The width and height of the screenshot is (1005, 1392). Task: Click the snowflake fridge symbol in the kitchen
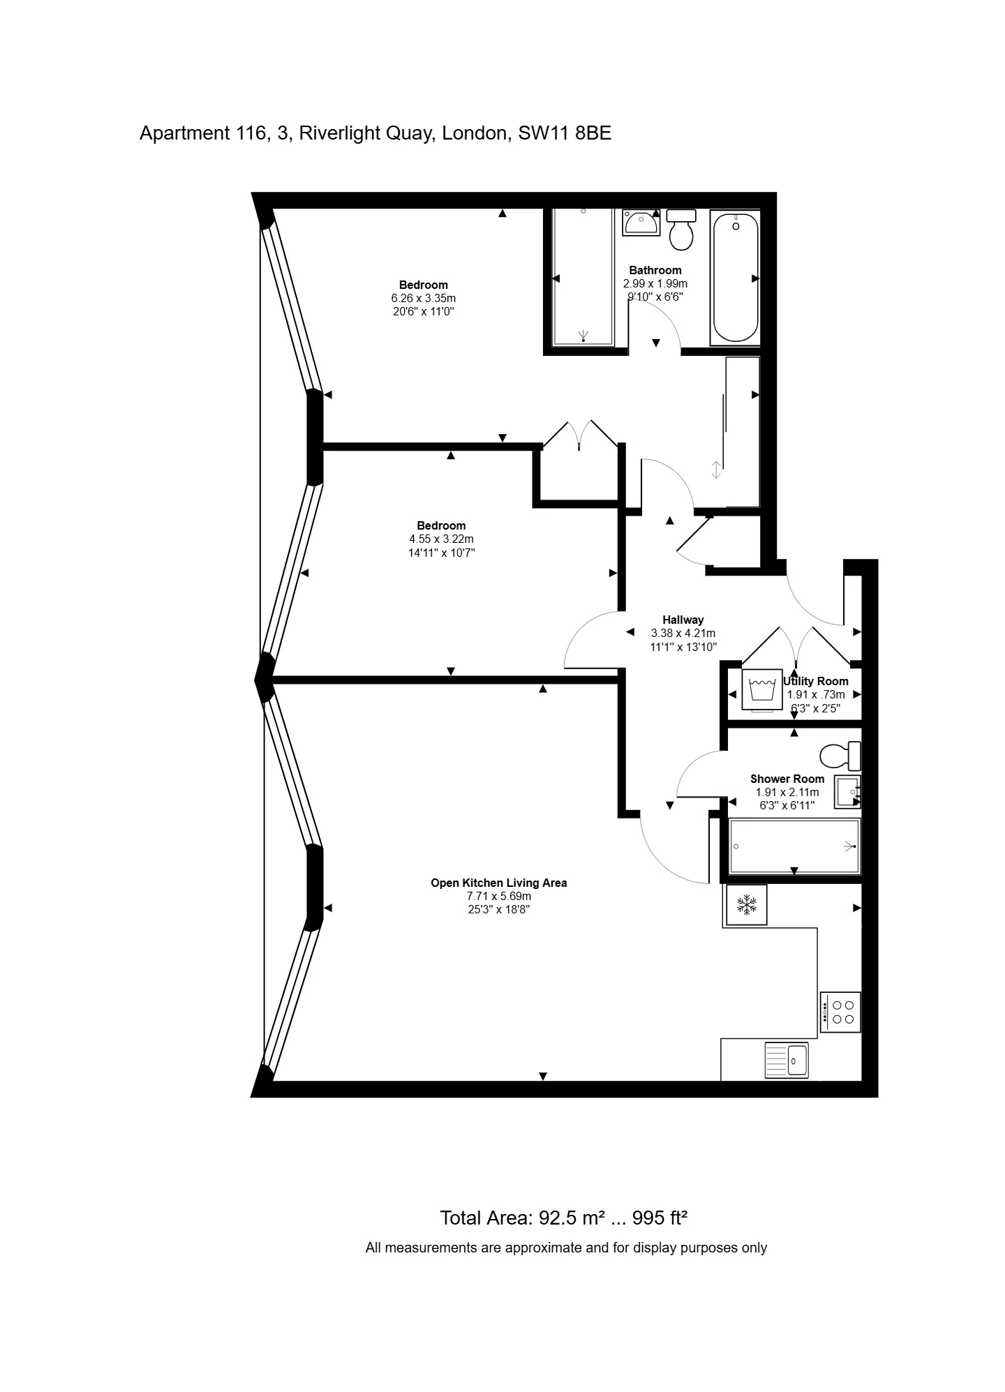746,905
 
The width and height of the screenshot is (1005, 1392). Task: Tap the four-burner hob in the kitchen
840,1012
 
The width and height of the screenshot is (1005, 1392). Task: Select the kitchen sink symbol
787,1060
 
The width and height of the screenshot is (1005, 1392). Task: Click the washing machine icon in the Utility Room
761,689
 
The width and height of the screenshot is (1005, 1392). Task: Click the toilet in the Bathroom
681,229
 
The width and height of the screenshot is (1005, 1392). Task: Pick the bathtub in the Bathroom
735,278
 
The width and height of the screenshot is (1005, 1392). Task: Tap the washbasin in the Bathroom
641,223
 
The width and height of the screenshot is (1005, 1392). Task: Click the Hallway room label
683,620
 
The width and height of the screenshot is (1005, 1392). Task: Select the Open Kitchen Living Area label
498,883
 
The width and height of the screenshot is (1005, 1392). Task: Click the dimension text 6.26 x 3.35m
424,298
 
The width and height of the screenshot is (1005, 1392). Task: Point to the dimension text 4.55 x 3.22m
441,539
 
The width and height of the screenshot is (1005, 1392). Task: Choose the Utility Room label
816,681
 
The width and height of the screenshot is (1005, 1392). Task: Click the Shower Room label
787,779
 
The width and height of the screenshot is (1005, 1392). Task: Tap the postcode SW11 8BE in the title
565,133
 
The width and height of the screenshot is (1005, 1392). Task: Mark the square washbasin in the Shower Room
848,791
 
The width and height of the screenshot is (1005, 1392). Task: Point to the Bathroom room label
655,270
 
